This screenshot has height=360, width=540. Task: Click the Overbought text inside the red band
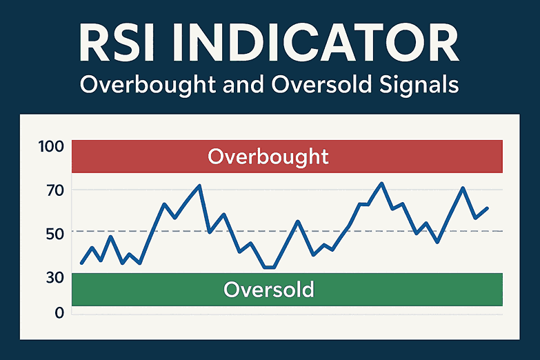[268, 157]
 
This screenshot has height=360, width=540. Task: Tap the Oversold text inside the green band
[268, 289]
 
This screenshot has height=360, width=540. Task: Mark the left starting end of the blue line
[81, 263]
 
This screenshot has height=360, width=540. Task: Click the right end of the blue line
[488, 208]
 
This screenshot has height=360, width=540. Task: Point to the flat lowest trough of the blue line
[269, 267]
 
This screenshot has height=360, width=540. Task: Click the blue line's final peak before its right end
[463, 188]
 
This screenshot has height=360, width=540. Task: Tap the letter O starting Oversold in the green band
[232, 289]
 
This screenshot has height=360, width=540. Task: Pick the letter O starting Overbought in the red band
[217, 157]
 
